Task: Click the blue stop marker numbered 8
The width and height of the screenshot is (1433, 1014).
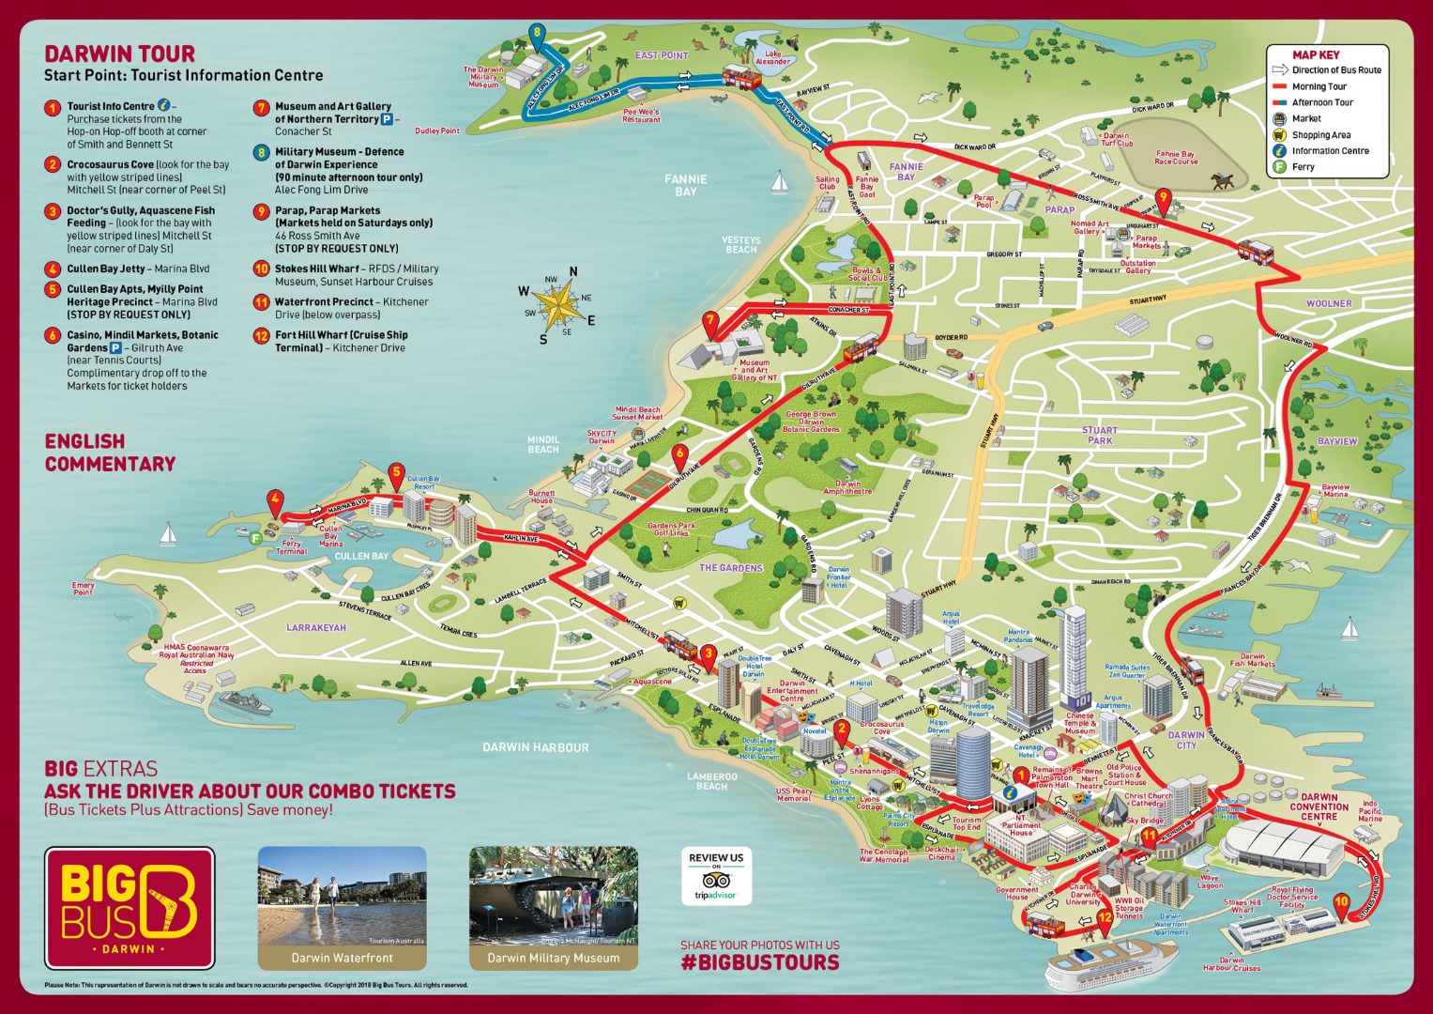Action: click(x=537, y=35)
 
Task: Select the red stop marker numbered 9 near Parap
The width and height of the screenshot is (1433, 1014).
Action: click(x=1164, y=198)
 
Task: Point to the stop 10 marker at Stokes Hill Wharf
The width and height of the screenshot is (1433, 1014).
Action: click(x=1341, y=903)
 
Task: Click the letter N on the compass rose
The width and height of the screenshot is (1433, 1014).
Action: click(x=572, y=272)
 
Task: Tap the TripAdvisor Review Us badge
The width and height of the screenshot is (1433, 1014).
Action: click(x=716, y=876)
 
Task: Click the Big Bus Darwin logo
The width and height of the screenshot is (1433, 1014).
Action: click(x=130, y=908)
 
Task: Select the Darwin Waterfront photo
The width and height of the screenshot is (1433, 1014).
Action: click(x=342, y=907)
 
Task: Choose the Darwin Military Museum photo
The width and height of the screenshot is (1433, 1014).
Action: click(x=553, y=907)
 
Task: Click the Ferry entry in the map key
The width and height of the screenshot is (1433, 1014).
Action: click(x=1303, y=167)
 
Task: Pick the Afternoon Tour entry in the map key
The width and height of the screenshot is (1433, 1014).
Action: click(x=1321, y=102)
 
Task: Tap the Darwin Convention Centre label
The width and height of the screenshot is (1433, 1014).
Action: click(x=1319, y=807)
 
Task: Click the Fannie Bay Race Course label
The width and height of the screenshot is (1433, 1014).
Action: click(x=1175, y=157)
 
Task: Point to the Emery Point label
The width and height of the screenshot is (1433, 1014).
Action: click(x=83, y=589)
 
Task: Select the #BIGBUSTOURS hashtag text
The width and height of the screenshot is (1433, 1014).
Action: click(x=760, y=962)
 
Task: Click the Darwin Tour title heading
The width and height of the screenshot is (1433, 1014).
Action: click(x=120, y=54)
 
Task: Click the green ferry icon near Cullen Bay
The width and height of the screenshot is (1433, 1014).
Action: click(x=254, y=538)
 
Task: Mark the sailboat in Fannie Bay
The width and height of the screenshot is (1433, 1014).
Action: click(x=778, y=182)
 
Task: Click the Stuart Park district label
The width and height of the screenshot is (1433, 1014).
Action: click(x=1099, y=435)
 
